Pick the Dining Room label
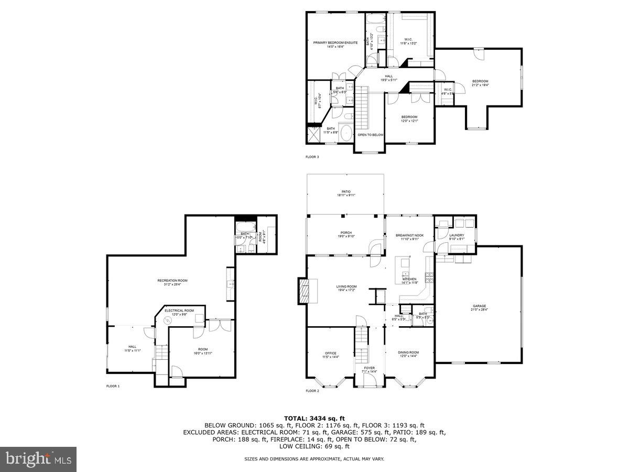pos(409,354)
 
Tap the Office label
pos(331,355)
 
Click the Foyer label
pos(370,370)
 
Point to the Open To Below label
pos(371,135)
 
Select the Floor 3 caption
pos(312,157)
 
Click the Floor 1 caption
pos(113,386)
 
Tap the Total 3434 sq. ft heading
pos(314,418)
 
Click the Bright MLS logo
pos(38,459)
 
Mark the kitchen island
pos(405,267)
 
